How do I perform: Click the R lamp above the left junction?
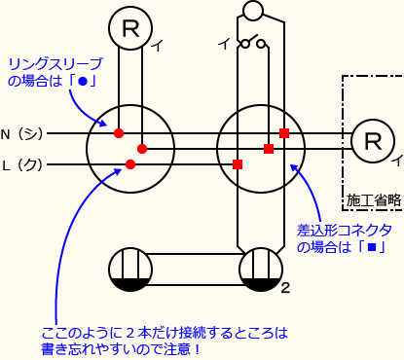pyautogui.click(x=129, y=28)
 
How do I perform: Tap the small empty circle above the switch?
pyautogui.click(x=252, y=12)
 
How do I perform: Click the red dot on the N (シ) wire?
pyautogui.click(x=119, y=132)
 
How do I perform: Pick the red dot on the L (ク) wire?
pyautogui.click(x=130, y=163)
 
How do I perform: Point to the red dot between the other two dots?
pyautogui.click(x=142, y=149)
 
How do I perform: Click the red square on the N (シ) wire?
pyautogui.click(x=283, y=132)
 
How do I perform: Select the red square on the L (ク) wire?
pyautogui.click(x=239, y=163)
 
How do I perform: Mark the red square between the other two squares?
pyautogui.click(x=268, y=149)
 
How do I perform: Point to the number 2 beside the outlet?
pyautogui.click(x=285, y=289)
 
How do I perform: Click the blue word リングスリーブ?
pyautogui.click(x=52, y=64)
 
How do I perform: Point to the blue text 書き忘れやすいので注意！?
pyautogui.click(x=122, y=348)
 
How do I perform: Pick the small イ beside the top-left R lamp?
pyautogui.click(x=158, y=43)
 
